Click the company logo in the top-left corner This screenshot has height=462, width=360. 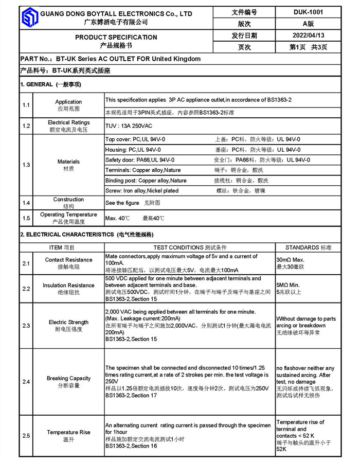point(29,18)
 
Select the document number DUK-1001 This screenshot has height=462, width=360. point(309,12)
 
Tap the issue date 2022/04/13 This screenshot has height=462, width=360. point(309,35)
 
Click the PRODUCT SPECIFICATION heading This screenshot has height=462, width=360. point(116,37)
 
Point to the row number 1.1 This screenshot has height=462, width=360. point(26,105)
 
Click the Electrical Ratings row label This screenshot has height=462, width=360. point(69,123)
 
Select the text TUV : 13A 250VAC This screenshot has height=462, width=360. point(128,126)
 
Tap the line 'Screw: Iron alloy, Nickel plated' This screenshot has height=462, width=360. point(142,191)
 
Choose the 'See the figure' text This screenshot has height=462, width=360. point(122,203)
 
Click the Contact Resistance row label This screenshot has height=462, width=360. point(69,260)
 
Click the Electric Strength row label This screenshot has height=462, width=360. point(69,322)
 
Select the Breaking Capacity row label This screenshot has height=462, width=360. point(69,378)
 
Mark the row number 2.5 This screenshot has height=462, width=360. point(26,436)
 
